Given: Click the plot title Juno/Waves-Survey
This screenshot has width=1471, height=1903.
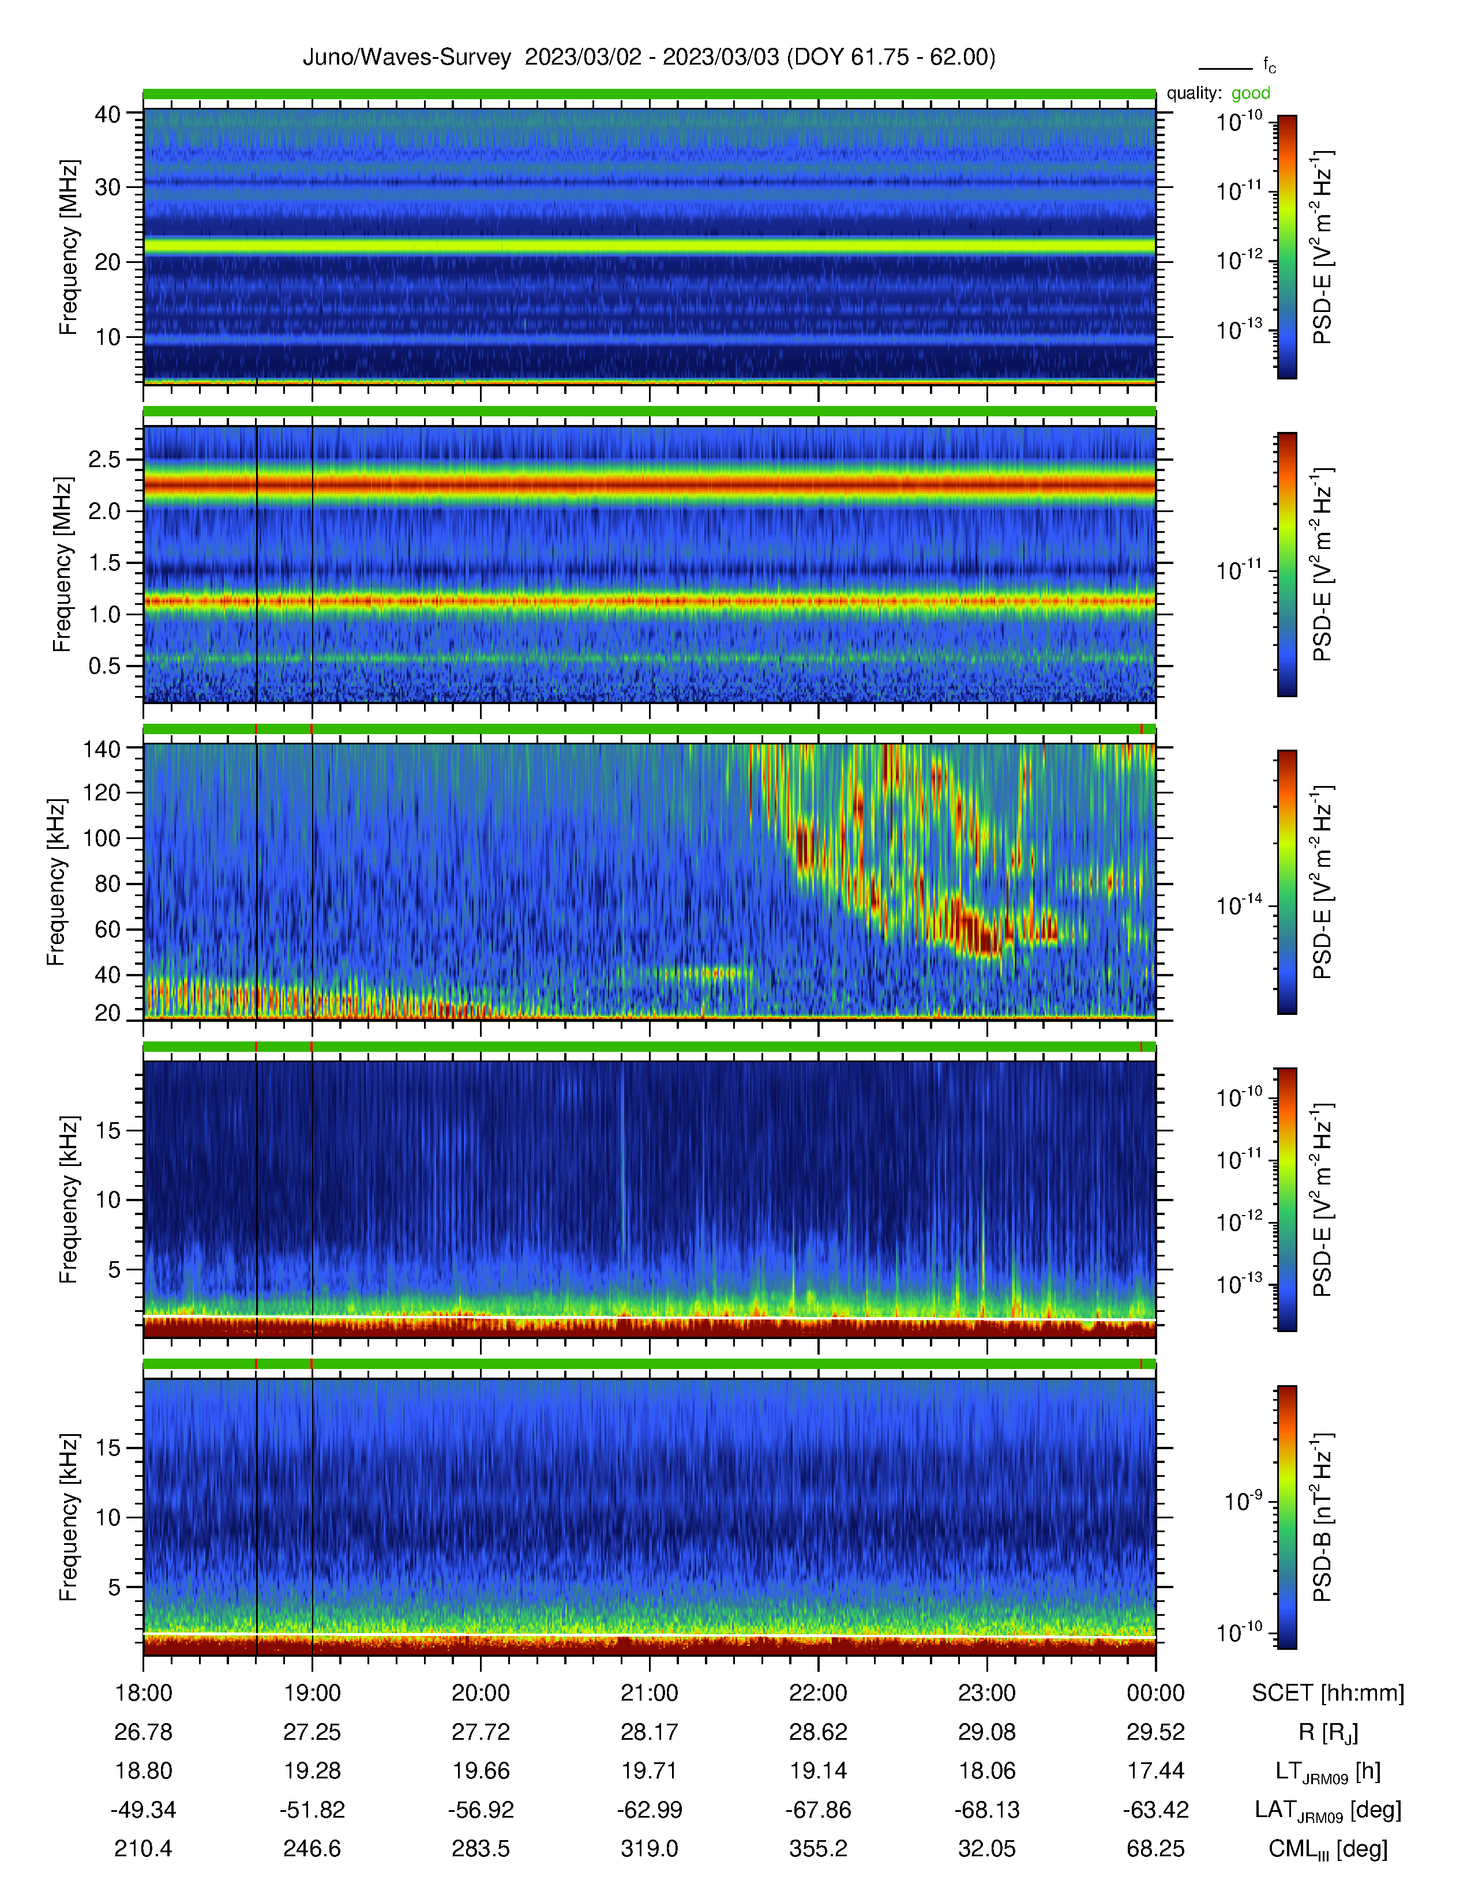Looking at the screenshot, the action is [406, 58].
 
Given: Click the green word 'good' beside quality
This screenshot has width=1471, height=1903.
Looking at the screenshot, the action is [1251, 93].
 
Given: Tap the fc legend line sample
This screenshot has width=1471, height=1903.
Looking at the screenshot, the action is [1225, 68].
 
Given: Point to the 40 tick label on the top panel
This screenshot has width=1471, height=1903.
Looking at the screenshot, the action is [107, 114].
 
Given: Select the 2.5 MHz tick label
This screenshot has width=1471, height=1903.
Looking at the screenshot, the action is [104, 459].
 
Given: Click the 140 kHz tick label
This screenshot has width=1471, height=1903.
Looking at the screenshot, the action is [101, 747].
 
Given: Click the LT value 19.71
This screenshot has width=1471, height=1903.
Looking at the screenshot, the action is [649, 1770].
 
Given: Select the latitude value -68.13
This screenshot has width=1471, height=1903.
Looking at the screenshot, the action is [988, 1810].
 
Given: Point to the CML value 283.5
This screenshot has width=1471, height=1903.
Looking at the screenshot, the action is [481, 1848].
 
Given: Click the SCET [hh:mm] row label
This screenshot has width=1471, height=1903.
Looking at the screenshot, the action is [1328, 1693].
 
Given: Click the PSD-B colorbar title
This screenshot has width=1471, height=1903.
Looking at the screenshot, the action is [1322, 1517].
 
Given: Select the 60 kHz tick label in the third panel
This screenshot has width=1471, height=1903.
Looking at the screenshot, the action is [107, 929].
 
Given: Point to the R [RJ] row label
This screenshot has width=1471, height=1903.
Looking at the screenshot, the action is [1328, 1732].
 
